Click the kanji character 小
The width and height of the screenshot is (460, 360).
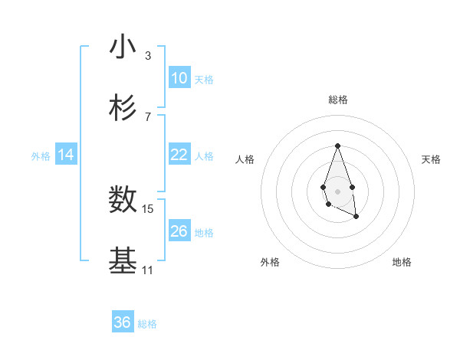coord(123,47)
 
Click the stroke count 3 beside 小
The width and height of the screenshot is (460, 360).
coord(147,56)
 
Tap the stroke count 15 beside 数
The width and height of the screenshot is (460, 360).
coord(148,208)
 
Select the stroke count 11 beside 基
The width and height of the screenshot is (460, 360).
coord(147,270)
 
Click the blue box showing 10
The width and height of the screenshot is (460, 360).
coord(179,78)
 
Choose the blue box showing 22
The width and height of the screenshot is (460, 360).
coord(179,155)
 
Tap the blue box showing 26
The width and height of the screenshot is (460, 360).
coord(179,231)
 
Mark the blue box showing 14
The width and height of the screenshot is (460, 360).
coord(66,155)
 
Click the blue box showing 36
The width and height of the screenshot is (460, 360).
coord(123,322)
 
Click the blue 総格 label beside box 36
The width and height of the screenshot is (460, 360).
coord(147,324)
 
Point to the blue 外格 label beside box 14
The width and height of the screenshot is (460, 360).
coord(41,156)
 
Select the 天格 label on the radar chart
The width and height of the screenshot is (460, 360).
coord(431,159)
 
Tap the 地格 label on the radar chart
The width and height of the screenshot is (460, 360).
coord(402,262)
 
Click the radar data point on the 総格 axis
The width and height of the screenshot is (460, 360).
coord(337,146)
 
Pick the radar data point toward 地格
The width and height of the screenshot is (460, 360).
coord(356,217)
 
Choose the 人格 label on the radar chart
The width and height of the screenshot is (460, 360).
coord(245,159)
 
